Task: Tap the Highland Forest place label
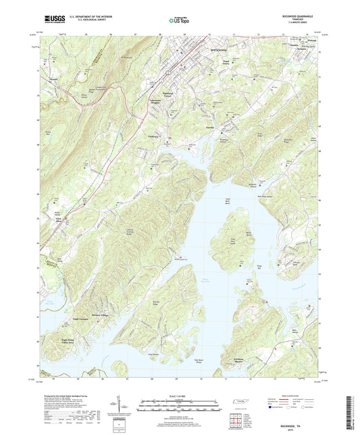(x=168, y=94)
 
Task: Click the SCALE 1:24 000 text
(x=179, y=396)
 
